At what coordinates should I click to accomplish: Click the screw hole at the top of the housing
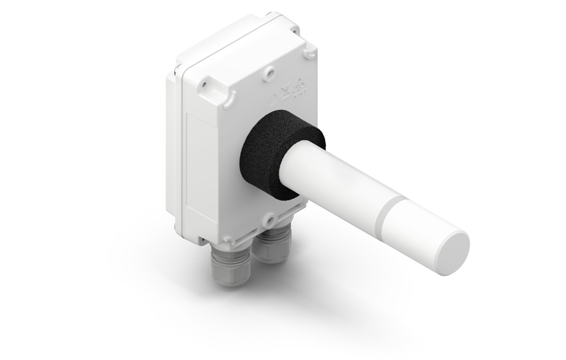point(269,72)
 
